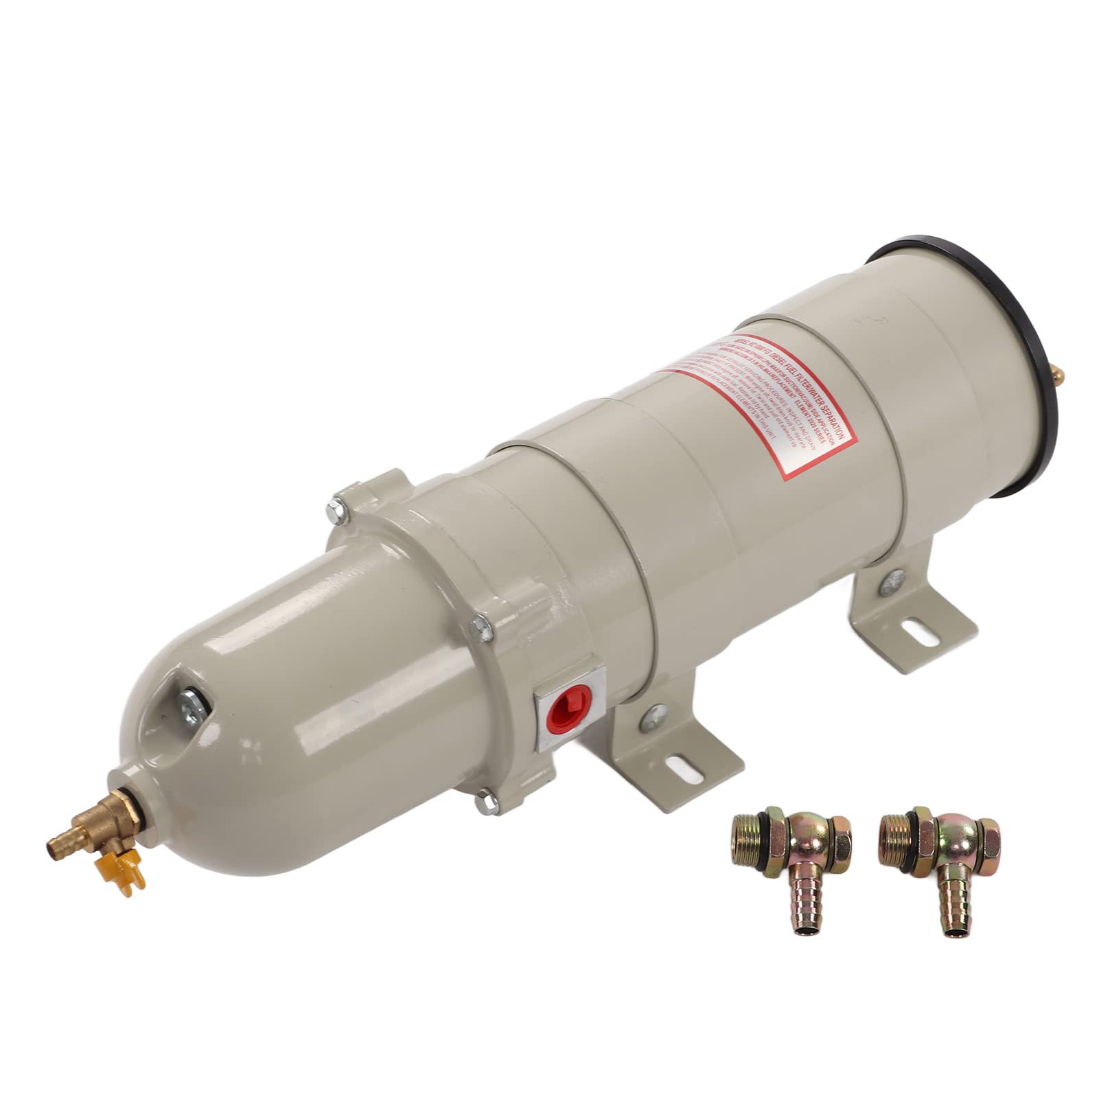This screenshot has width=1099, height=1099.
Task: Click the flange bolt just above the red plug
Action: click(485, 625)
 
